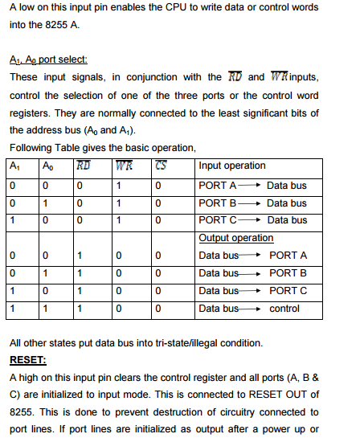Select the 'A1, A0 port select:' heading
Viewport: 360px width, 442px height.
point(47,60)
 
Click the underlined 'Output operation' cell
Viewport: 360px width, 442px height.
point(235,238)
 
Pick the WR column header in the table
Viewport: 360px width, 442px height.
point(124,166)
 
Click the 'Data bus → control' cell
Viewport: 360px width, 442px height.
point(248,308)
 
